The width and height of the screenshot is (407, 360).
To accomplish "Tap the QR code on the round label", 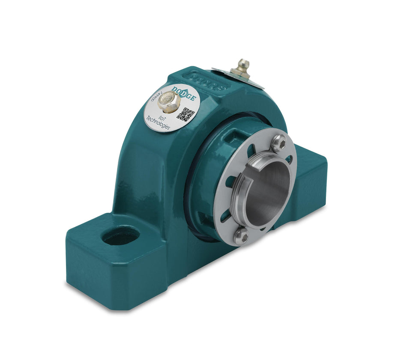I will (x=185, y=113).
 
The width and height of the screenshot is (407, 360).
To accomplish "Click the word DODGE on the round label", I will (x=185, y=93).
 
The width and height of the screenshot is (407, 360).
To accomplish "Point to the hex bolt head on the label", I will (x=168, y=102).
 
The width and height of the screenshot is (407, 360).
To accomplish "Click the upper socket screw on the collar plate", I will (x=279, y=143).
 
